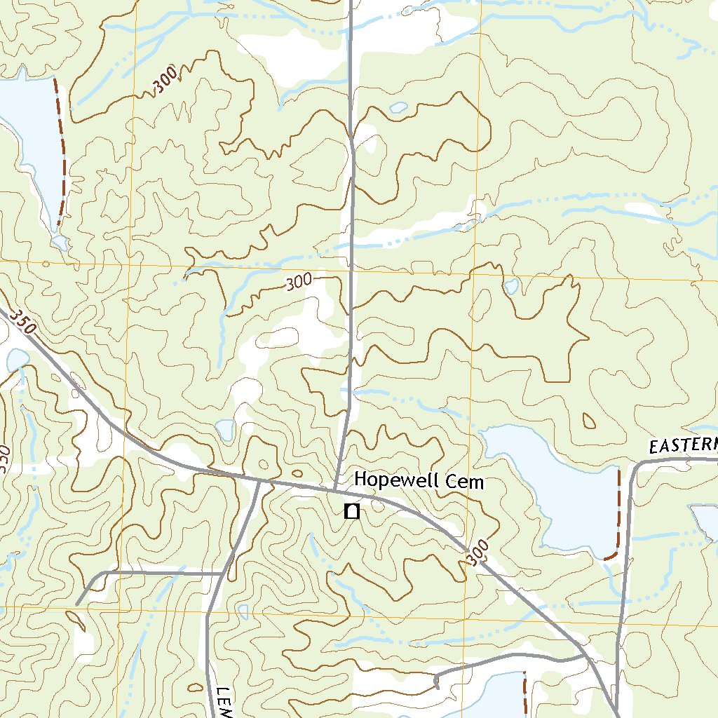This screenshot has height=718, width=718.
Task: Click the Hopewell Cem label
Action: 419,481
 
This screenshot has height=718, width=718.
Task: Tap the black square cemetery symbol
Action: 353,512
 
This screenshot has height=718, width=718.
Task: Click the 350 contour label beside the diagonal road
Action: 22,323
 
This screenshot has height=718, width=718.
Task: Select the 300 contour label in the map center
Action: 299,283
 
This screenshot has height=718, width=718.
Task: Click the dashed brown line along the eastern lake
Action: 618,515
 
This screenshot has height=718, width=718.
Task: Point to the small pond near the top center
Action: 398,108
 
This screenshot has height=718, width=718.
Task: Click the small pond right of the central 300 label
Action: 511,286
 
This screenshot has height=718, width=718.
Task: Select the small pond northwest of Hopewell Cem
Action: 225,429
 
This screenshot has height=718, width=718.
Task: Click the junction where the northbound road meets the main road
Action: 335,487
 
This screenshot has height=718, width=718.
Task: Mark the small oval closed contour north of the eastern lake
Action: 589,420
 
